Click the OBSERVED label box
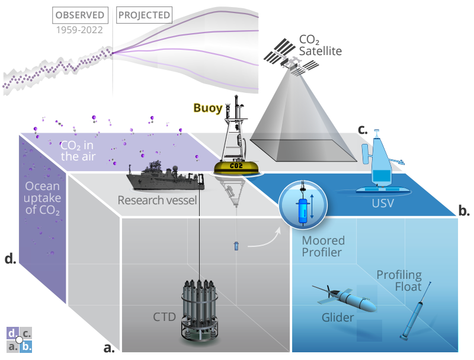(81, 14)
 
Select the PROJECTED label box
(143, 14)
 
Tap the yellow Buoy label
(208, 108)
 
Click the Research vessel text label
(157, 200)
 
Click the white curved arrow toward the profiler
(263, 237)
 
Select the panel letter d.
(10, 258)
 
